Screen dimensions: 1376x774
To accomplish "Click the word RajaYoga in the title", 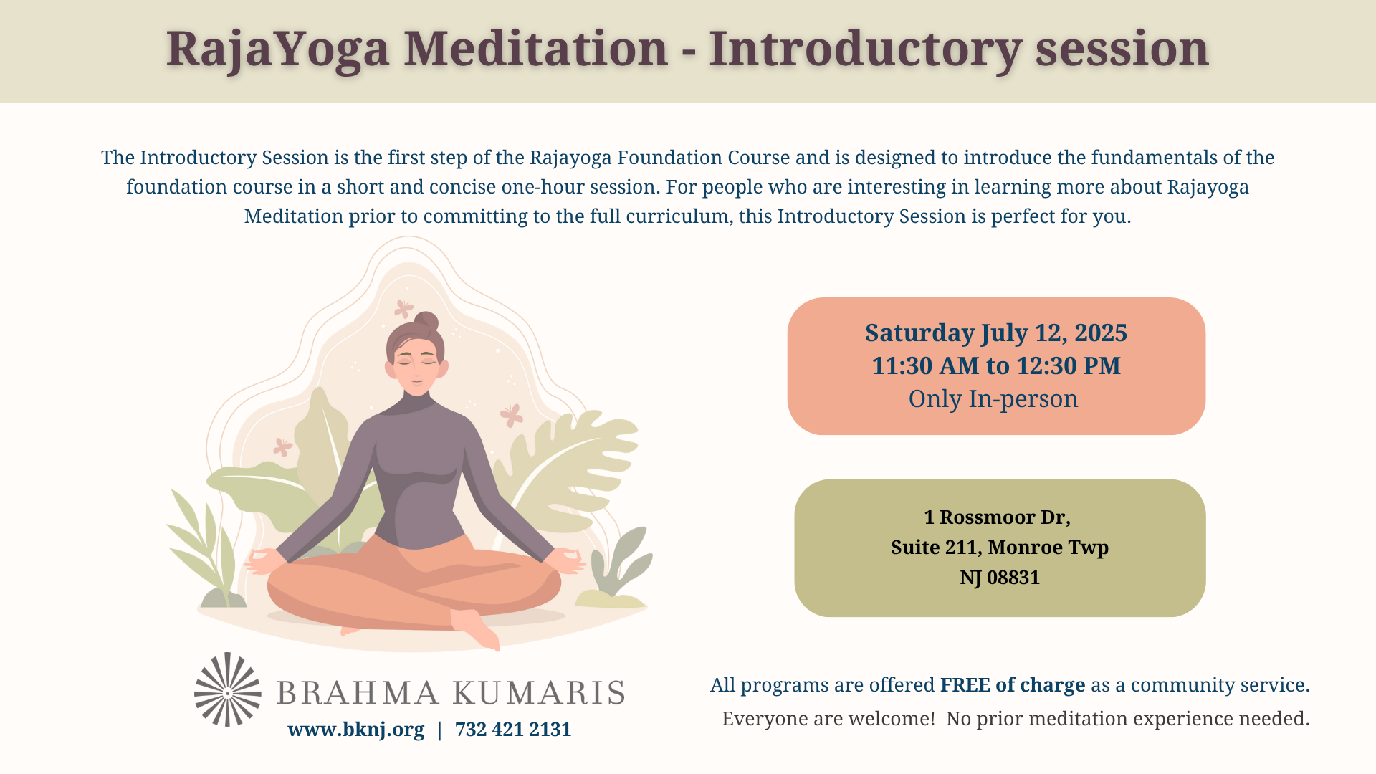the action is point(277,50).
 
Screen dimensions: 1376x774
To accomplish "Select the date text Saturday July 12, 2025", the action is point(996,333).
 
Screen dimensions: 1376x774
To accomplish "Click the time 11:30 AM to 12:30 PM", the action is point(996,365).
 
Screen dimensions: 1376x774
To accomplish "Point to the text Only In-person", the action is point(993,399).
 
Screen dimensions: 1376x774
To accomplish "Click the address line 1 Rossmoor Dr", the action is point(997,517).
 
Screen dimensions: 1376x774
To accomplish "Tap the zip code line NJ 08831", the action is point(1000,578).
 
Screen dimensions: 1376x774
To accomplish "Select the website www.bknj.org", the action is point(356,730).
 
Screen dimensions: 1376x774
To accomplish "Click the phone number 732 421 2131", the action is point(513,730).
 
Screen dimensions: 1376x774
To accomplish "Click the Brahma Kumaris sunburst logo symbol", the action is point(228,689).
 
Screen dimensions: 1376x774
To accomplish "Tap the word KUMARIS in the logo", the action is point(539,693).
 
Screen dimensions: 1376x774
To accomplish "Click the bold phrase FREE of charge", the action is point(1013,685).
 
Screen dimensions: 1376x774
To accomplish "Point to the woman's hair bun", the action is point(426,322).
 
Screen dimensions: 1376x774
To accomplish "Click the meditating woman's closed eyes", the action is point(416,361).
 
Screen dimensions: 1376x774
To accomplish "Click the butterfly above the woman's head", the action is point(403,309).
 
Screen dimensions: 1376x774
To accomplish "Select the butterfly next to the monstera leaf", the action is point(512,415).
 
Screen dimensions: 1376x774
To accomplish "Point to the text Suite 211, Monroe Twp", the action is point(1000,548).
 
